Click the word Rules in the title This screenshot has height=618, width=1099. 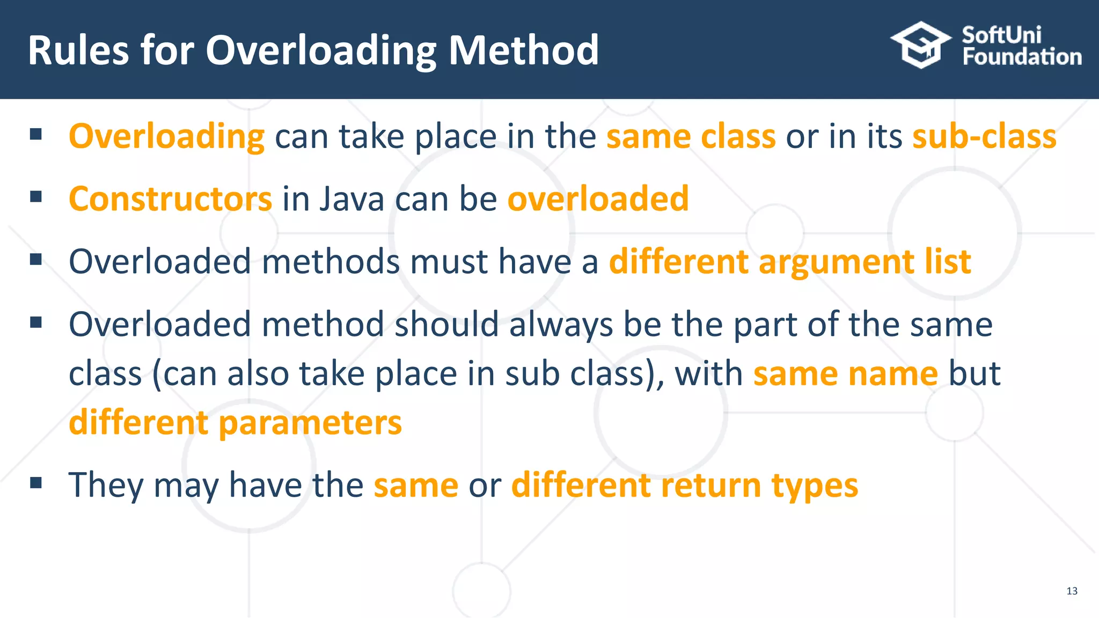[78, 50]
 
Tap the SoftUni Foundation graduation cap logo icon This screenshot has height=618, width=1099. [921, 45]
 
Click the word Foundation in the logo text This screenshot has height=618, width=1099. [1022, 57]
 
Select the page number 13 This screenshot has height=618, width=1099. [1072, 591]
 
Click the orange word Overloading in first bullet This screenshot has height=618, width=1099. [166, 136]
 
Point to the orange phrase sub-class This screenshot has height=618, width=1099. [984, 136]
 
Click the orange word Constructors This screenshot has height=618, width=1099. [171, 199]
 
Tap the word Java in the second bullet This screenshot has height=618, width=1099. [352, 199]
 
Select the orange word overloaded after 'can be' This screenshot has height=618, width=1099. [598, 199]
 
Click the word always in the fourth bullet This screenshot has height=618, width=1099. [561, 325]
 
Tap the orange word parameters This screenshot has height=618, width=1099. [310, 423]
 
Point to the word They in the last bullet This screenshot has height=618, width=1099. [106, 485]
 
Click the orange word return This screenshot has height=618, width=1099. [711, 485]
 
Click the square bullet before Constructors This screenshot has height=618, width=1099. [36, 196]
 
